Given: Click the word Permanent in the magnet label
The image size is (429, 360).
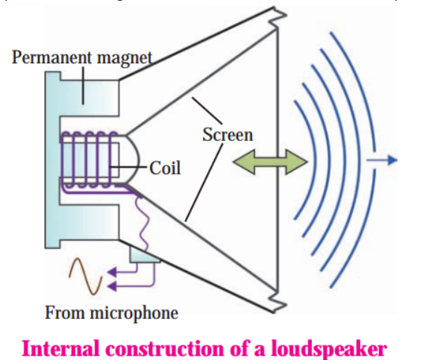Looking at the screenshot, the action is [51, 57].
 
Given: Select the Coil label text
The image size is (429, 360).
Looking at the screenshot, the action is [165, 168].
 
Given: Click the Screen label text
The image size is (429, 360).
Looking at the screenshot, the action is [228, 134].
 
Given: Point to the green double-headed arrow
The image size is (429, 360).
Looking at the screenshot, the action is [270, 162].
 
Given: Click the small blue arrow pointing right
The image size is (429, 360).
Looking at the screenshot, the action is [382, 160].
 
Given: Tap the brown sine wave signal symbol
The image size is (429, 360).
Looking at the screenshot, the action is [85, 276].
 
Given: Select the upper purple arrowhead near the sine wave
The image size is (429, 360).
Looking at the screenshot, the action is [112, 272].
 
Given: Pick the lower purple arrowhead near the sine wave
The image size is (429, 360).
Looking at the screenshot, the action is [112, 286].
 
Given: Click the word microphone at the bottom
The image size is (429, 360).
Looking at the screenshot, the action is [134, 313].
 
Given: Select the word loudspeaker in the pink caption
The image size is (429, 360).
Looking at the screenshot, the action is [329, 350].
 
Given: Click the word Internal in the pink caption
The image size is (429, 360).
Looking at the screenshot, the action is [60, 348].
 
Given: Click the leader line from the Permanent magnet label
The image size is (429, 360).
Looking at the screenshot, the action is [83, 85].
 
